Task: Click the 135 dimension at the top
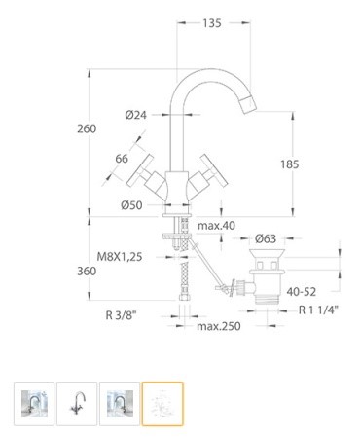pyautogui.click(x=212, y=23)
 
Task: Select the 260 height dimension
pyautogui.click(x=87, y=128)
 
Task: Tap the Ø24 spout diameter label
pyautogui.click(x=136, y=115)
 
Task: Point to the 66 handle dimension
pyautogui.click(x=122, y=159)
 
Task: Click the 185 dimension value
pyautogui.click(x=290, y=164)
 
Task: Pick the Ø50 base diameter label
pyautogui.click(x=131, y=205)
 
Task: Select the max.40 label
pyautogui.click(x=216, y=226)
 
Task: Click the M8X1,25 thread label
pyautogui.click(x=120, y=257)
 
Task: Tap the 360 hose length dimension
pyautogui.click(x=87, y=271)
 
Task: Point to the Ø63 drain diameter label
pyautogui.click(x=266, y=238)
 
